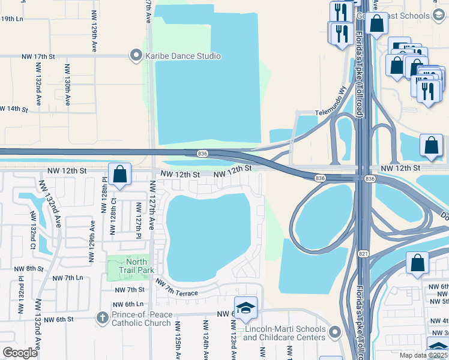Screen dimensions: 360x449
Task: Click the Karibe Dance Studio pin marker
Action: coord(136,56)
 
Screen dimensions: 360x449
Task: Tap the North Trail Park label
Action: coord(136,265)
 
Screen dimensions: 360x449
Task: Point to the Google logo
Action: coord(20,353)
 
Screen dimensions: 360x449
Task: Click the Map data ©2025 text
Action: coord(423,355)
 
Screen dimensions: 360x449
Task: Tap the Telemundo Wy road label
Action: coord(332,102)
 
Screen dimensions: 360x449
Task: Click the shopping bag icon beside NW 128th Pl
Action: coord(120,175)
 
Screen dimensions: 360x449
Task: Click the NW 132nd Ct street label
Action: coord(34,237)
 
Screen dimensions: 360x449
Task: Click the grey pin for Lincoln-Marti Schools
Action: coord(334,331)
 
